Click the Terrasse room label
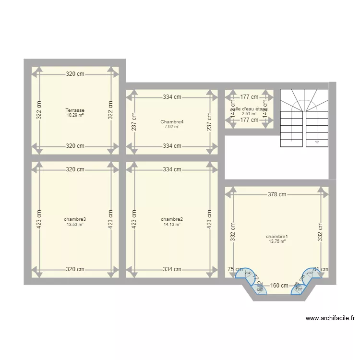tap(75, 110)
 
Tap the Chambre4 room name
tap(172, 122)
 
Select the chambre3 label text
tap(75, 219)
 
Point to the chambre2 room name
tap(172, 219)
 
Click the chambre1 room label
tap(277, 237)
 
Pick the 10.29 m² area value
tap(75, 115)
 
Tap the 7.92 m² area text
tap(172, 127)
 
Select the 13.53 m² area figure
tap(75, 224)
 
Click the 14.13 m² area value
tap(172, 224)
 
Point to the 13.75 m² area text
tap(277, 241)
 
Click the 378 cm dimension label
tap(277, 194)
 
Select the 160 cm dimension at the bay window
tap(278, 286)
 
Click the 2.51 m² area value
tap(249, 114)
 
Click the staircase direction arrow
tap(317, 142)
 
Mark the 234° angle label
tap(248, 273)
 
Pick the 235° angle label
tap(310, 273)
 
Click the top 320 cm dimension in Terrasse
tap(75, 74)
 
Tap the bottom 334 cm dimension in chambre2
tap(172, 269)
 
